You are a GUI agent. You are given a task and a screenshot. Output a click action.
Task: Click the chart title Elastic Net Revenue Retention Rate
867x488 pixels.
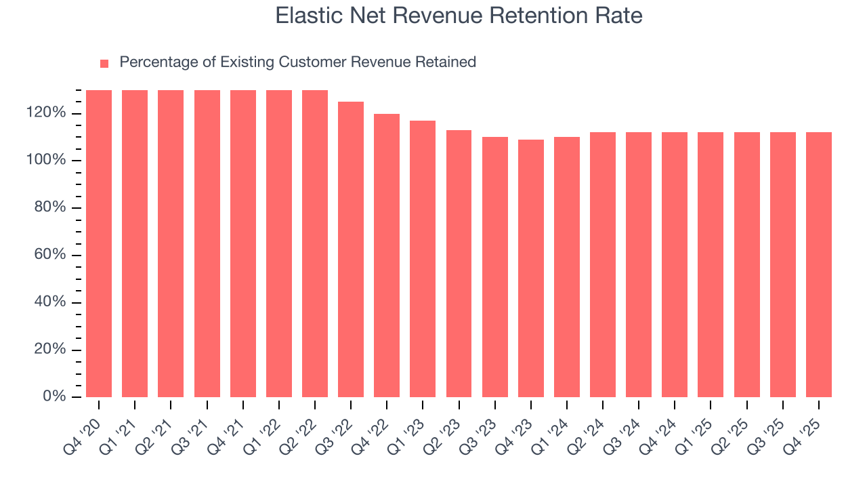pos(459,16)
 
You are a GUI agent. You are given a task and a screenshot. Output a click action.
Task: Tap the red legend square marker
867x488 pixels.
pos(104,63)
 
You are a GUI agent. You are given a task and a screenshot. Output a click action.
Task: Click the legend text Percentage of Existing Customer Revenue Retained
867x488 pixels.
pos(297,62)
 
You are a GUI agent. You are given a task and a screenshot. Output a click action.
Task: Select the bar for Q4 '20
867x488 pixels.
pos(99,244)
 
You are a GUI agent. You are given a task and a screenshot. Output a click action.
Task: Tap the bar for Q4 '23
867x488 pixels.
pos(531,268)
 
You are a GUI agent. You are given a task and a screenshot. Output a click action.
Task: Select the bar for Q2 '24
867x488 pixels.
pos(603,265)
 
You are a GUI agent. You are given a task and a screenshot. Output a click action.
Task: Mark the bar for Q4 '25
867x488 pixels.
pos(819,265)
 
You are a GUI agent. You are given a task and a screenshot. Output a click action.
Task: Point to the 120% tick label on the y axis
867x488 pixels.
pos(47,113)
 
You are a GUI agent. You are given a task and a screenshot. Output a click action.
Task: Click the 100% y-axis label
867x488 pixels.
pos(47,161)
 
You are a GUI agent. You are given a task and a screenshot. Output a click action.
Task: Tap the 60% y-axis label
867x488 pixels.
pos(50,255)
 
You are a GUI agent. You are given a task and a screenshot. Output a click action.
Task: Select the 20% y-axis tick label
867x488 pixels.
pos(50,350)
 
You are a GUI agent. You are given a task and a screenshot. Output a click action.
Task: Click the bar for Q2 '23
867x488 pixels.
pos(459,264)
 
